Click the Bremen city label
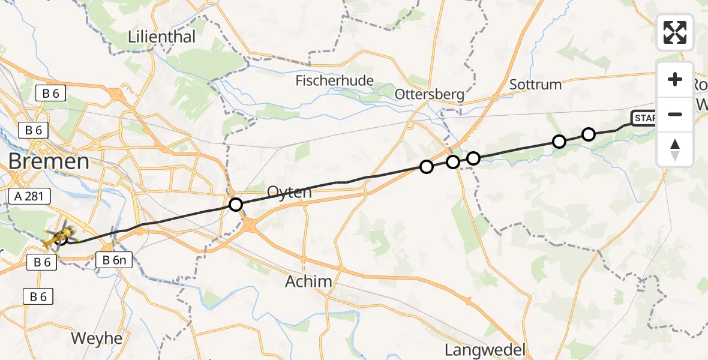[49, 161]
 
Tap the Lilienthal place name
[162, 37]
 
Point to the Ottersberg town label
[430, 94]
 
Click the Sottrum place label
[535, 84]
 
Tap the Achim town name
[308, 281]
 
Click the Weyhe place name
[97, 338]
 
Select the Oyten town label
[290, 193]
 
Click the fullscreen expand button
[675, 32]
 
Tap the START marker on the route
[643, 118]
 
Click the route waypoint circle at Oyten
[236, 205]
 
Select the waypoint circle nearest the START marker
[589, 134]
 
